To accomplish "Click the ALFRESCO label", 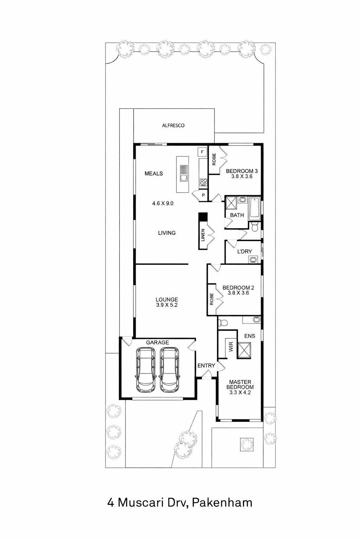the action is point(173,126).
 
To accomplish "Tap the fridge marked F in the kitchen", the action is point(202,152).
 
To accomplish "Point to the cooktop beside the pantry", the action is point(203,182).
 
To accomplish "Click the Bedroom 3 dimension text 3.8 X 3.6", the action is point(242,176).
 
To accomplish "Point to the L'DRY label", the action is point(244,251).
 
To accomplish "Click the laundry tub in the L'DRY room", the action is point(252,260).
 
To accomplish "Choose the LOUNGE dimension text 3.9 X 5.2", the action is point(167,305).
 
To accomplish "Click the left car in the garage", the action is point(146,370).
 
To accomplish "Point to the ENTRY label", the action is point(206,366).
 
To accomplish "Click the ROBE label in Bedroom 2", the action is point(212,299).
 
